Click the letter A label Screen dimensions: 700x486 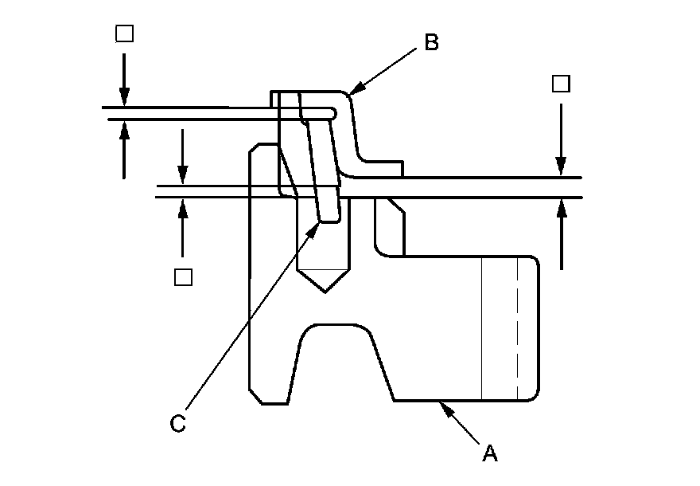pos(490,453)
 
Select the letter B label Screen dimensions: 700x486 pos(430,42)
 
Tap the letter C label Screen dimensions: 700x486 pos(178,423)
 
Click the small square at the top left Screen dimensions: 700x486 pos(124,33)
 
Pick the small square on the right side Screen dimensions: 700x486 pos(561,84)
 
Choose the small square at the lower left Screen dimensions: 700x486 pos(183,276)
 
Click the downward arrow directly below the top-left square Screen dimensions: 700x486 pos(124,97)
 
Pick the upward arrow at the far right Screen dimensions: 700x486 pos(561,209)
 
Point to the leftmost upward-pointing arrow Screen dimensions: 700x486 pos(124,131)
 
